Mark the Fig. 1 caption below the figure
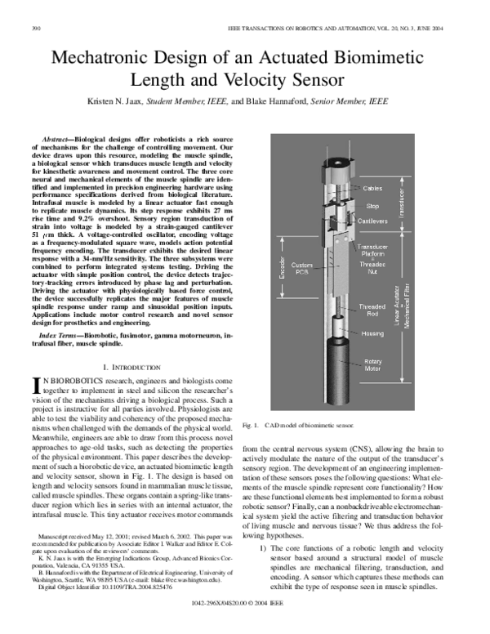(298, 425)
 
